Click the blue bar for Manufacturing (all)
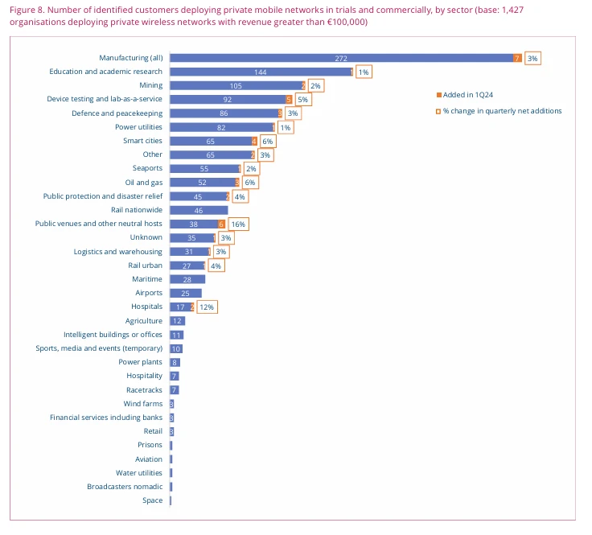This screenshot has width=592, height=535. [342, 58]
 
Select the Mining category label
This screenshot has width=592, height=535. [150, 85]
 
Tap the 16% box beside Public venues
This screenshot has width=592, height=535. [237, 224]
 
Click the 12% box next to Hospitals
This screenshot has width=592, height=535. [207, 307]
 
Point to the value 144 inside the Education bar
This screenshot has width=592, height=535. [260, 72]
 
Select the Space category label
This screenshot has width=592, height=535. [152, 500]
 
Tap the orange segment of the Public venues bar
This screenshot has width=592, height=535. [221, 224]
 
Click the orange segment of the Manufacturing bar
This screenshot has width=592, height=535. [517, 58]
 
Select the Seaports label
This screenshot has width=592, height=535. [147, 168]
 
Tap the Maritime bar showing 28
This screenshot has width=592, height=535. [187, 279]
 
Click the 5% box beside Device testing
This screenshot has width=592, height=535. [302, 100]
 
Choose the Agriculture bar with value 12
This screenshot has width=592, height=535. [177, 321]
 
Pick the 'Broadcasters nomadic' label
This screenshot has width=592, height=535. [125, 487]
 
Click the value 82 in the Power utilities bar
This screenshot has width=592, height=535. [221, 127]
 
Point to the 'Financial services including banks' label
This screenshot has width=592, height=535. [106, 418]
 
